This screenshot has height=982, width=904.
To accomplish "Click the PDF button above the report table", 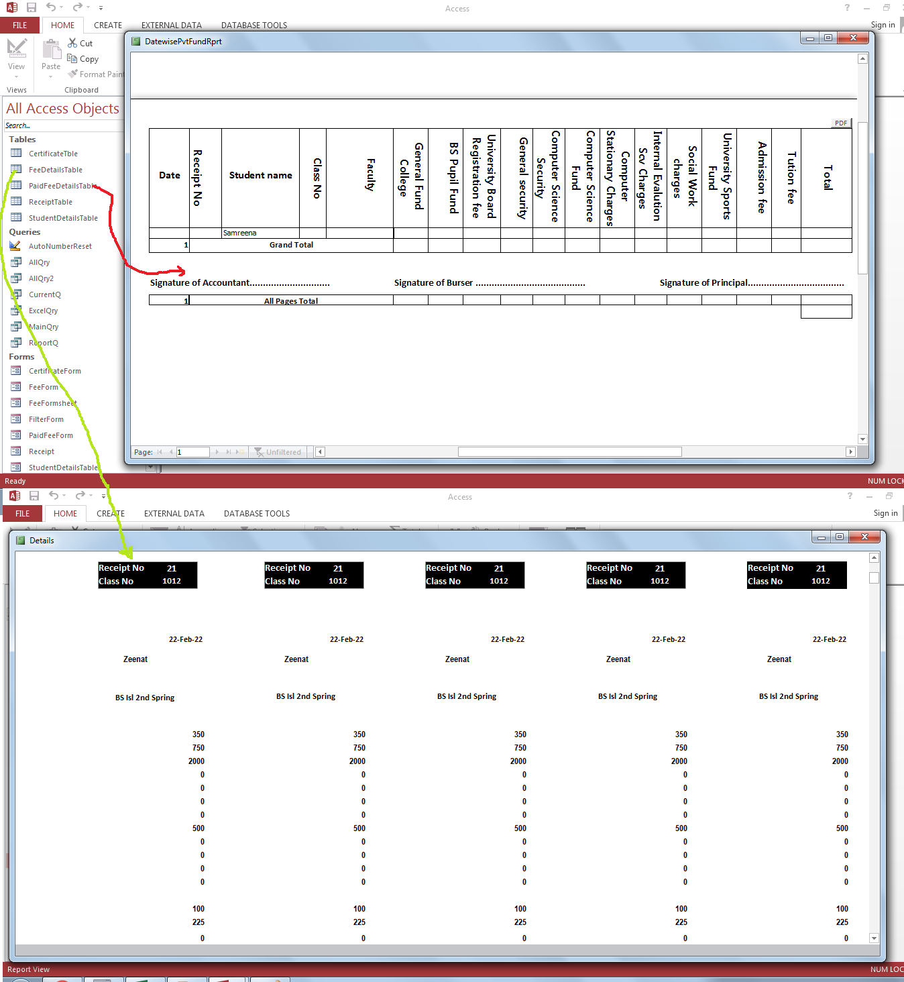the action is click(x=841, y=123).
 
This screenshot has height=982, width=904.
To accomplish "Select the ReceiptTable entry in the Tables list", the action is click(x=50, y=202).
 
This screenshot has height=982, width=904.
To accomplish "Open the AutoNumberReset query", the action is click(x=60, y=246).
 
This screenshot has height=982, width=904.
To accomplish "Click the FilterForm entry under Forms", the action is click(x=46, y=419).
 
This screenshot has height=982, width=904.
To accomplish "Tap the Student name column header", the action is click(x=260, y=175).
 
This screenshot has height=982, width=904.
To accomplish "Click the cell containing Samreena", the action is click(x=240, y=233).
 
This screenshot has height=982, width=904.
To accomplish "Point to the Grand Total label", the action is click(x=291, y=245).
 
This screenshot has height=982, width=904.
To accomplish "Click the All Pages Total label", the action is click(x=291, y=301).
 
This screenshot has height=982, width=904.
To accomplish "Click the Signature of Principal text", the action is click(x=703, y=282).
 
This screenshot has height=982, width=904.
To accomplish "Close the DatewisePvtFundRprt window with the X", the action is click(x=853, y=38).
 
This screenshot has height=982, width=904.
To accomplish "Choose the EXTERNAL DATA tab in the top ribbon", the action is click(x=171, y=25).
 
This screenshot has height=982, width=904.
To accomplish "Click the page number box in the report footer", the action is click(x=193, y=452).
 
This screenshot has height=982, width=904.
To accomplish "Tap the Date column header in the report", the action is click(x=170, y=175).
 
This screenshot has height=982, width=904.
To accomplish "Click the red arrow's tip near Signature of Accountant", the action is click(x=185, y=271).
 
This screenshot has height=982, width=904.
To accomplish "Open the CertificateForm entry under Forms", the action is click(x=55, y=371).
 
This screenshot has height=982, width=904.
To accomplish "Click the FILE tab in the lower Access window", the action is click(x=23, y=514).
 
